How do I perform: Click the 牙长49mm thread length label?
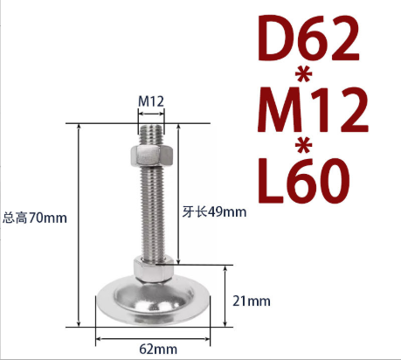coord(215,211)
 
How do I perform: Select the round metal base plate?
coord(153,301)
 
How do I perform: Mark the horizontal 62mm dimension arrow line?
coord(153,337)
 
